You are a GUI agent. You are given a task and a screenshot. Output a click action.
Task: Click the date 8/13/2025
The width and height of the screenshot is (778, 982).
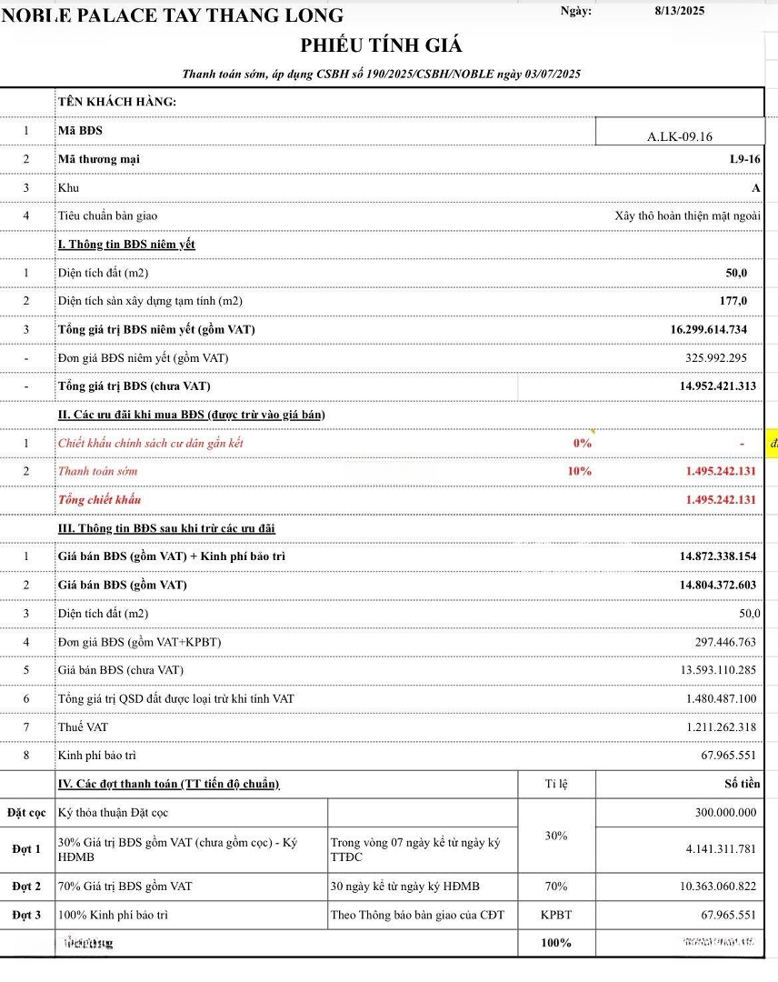pos(679,11)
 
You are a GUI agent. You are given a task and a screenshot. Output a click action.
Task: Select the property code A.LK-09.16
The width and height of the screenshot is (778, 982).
pos(680,136)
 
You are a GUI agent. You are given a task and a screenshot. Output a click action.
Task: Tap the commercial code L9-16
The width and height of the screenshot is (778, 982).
pos(744,159)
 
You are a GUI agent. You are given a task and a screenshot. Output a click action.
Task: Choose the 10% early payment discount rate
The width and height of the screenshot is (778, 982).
pos(579,471)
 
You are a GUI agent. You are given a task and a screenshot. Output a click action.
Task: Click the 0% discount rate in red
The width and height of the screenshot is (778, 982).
pos(582,443)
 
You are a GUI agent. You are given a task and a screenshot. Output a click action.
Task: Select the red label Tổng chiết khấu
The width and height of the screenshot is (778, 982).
pos(99,499)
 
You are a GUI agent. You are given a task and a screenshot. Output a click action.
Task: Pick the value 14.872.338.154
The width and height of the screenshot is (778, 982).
pos(717,556)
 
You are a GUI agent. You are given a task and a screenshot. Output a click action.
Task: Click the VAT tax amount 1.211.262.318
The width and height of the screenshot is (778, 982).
pos(721,726)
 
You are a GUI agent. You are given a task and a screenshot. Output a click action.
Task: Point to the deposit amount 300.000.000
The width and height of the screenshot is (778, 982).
pos(724,812)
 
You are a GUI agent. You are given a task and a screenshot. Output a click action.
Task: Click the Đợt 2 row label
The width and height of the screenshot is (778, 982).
pos(26,887)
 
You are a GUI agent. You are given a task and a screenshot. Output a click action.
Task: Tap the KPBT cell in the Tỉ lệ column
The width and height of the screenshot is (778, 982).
pos(556,915)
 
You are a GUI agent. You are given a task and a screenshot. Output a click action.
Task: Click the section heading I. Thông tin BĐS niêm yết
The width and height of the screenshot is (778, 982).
pos(126,244)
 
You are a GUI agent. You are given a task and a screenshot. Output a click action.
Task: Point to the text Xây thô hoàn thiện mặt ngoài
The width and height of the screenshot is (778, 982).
pos(686,215)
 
